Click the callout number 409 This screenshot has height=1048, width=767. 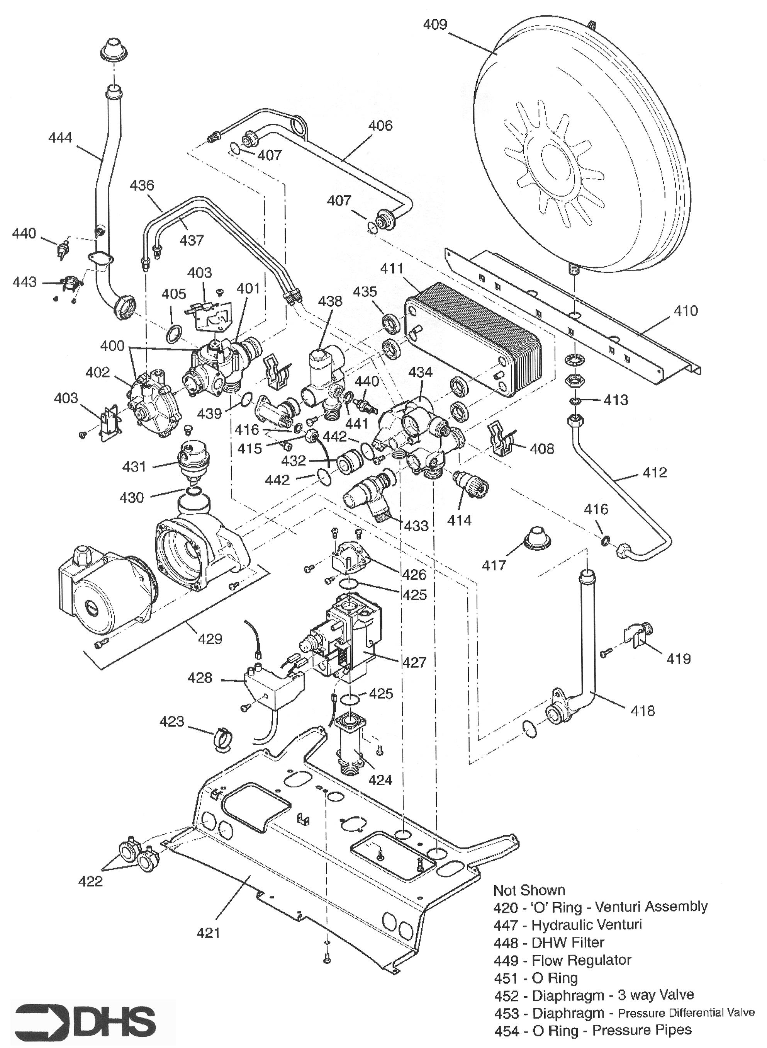[434, 24]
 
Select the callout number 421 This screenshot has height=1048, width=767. [208, 932]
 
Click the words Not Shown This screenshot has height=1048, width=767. [529, 890]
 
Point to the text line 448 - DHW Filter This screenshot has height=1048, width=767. [549, 943]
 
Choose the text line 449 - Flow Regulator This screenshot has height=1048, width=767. [562, 960]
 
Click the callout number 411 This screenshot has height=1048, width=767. [392, 269]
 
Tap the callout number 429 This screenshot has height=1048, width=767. [210, 639]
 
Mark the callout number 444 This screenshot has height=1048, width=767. [60, 138]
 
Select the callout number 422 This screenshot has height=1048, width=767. [90, 881]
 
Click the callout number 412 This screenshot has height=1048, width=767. [655, 473]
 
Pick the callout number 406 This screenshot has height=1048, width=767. [380, 126]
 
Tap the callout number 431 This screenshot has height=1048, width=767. [134, 466]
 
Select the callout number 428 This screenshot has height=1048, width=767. [200, 678]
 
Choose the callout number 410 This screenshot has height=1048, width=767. [685, 310]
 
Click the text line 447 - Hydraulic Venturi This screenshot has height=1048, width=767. [567, 925]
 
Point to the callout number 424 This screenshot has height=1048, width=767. [380, 779]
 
